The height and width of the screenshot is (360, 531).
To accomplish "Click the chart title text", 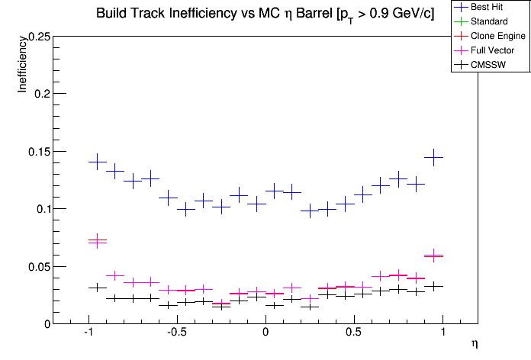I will coord(265,14).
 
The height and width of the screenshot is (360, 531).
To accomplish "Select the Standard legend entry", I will coord(488,21).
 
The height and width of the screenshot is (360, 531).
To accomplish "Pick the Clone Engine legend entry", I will coord(491,35).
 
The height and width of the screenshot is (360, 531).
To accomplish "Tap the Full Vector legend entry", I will coord(488,50).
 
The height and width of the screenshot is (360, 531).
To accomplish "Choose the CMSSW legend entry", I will coord(485,64).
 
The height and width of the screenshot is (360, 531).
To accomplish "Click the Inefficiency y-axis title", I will coord(23,66).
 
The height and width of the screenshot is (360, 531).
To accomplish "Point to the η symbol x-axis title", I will coord(474,344).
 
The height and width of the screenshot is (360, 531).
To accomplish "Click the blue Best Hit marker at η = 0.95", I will coord(433,158).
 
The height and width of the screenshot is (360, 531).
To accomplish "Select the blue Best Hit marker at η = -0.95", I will coord(97,162).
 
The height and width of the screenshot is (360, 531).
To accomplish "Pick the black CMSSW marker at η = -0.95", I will coord(97,288).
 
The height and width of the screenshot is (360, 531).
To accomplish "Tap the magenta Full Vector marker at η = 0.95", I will coord(433,256).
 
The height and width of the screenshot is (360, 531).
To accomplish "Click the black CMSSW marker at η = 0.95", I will coord(433,286).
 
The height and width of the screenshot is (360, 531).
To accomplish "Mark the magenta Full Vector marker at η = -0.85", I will coord(114,275).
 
